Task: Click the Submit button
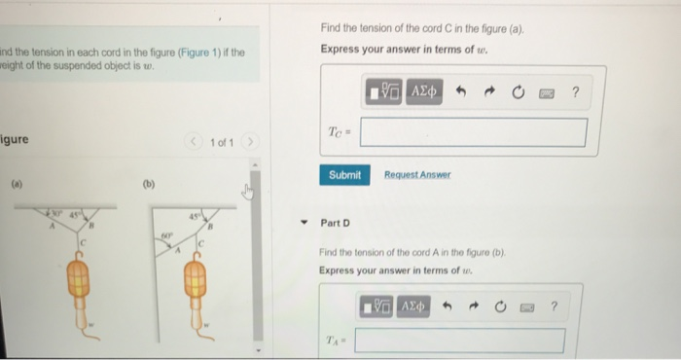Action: coord(344,175)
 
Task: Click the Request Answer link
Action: coord(417,175)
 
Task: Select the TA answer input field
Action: coord(459,341)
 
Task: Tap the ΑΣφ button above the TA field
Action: coord(412,306)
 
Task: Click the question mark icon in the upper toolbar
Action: coord(575,93)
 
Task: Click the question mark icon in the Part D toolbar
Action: coord(554,306)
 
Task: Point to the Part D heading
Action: coord(336,223)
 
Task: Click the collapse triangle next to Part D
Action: coord(306,223)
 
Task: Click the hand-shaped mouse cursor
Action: coord(247,192)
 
